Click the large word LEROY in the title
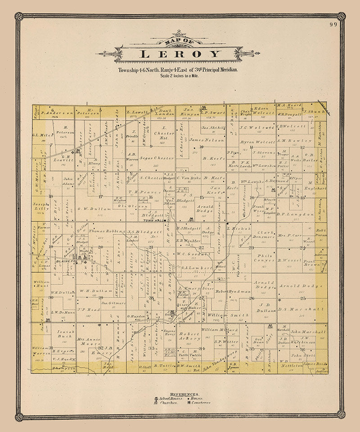(180, 54)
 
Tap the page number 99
(333, 25)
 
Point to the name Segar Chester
(157, 158)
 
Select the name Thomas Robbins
(106, 231)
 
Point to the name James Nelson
(206, 140)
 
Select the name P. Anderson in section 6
(57, 113)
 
